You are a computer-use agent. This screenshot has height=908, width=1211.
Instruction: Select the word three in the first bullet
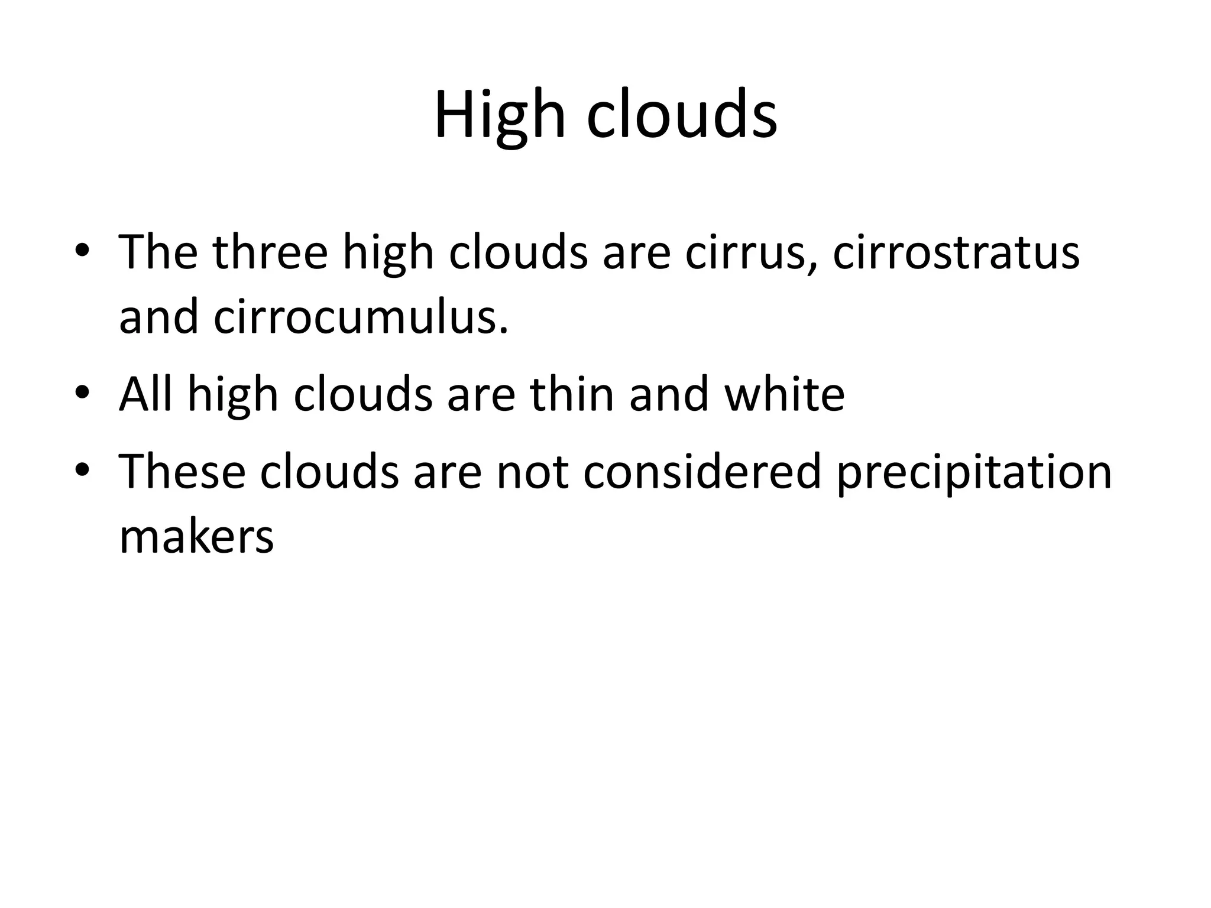(x=270, y=252)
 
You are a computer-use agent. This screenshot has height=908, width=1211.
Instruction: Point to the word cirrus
(x=750, y=252)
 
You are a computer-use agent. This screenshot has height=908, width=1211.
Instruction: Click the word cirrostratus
(x=956, y=252)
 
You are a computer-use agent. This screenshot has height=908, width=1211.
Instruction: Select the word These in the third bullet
(x=182, y=472)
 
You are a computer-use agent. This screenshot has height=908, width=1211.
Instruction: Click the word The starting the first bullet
(x=158, y=252)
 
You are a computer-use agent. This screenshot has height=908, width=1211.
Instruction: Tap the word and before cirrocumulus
(x=158, y=317)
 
